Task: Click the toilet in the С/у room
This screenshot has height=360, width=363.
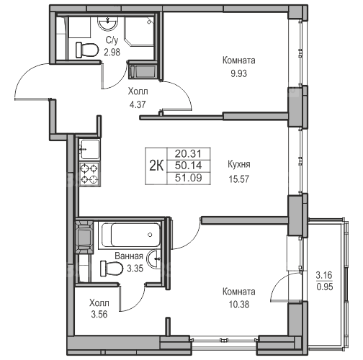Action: (x=87, y=50)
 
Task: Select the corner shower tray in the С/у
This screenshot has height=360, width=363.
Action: (x=139, y=32)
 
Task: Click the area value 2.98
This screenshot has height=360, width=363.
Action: (x=112, y=52)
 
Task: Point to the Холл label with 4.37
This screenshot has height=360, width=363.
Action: (x=138, y=91)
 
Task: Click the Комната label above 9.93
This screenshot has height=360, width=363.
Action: (x=238, y=60)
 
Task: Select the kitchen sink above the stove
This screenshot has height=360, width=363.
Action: (x=89, y=149)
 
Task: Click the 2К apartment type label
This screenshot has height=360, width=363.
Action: (x=156, y=166)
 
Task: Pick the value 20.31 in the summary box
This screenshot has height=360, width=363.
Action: (x=189, y=153)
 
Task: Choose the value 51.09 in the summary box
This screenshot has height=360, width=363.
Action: (x=189, y=178)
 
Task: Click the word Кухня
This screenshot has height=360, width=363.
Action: (x=239, y=164)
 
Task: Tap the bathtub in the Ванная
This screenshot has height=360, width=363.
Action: (x=130, y=235)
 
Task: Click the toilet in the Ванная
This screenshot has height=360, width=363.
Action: (x=111, y=267)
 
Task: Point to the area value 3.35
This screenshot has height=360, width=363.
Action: (x=135, y=269)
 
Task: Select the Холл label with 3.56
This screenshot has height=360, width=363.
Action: (x=99, y=303)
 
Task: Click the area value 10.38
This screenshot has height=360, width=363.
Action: (x=239, y=305)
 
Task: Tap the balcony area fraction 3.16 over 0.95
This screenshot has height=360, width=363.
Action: (x=324, y=281)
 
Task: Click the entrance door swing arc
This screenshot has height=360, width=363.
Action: (x=27, y=72)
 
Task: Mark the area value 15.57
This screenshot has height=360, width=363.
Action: (x=239, y=179)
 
